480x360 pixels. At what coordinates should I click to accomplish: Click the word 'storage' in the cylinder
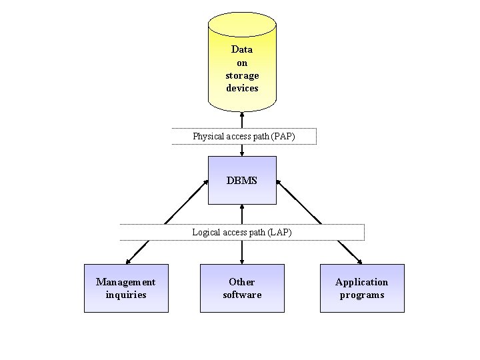click(x=242, y=75)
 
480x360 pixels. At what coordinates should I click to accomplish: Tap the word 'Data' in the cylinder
click(x=242, y=49)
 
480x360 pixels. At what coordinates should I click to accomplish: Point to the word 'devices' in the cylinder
click(x=242, y=88)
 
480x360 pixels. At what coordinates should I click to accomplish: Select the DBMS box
click(x=242, y=180)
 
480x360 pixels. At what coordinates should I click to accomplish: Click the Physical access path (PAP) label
click(x=243, y=136)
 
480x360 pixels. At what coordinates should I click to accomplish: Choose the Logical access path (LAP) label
click(x=242, y=232)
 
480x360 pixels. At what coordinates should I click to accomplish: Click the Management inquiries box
click(x=126, y=288)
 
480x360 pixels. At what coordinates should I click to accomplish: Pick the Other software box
click(x=242, y=288)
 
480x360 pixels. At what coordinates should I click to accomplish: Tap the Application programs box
click(x=362, y=288)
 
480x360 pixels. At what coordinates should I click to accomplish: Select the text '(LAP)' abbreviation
click(x=279, y=232)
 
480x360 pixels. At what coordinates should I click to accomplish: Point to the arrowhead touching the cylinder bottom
click(x=242, y=114)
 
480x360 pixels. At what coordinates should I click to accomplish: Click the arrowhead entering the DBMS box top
click(x=242, y=153)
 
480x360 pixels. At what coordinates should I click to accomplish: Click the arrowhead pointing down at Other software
click(x=242, y=261)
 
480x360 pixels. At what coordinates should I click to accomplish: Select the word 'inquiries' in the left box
click(x=126, y=295)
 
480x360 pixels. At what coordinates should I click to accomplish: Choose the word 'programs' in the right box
click(x=362, y=295)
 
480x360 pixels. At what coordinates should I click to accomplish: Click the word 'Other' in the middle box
click(x=242, y=282)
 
